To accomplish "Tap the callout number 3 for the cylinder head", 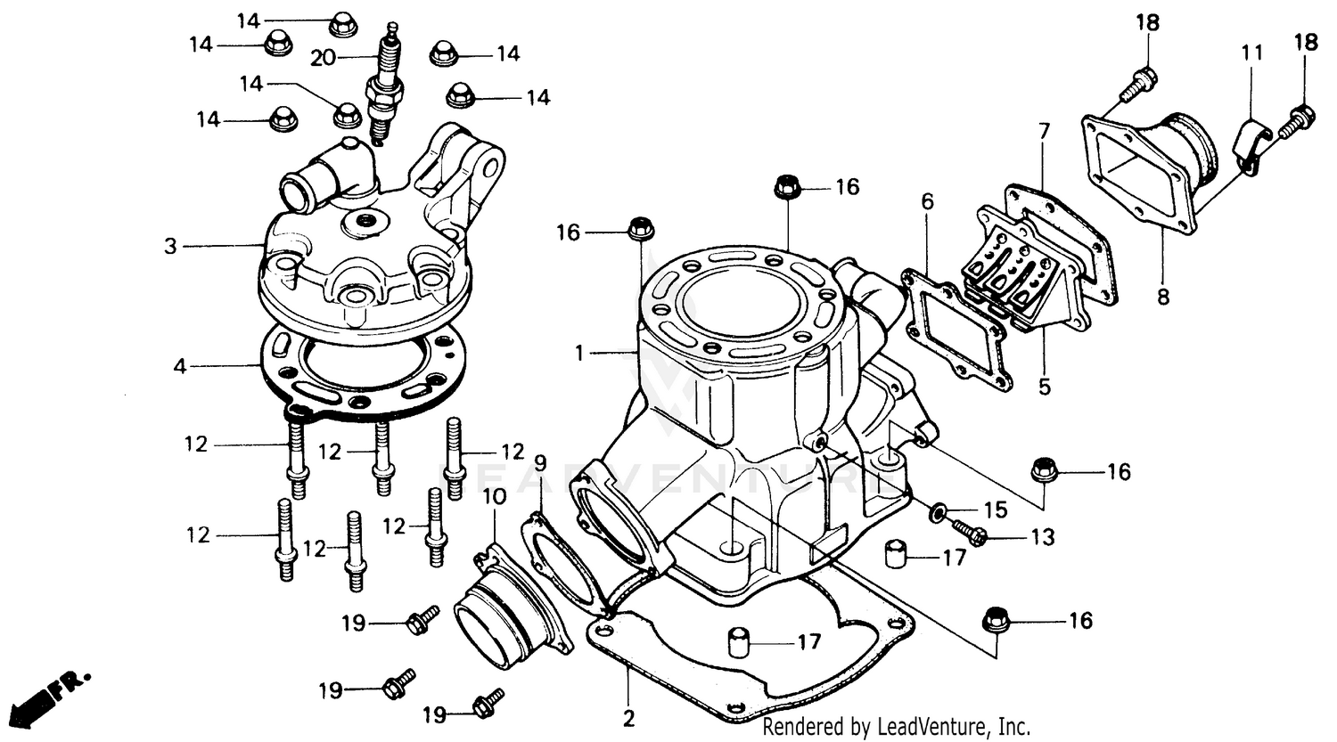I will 170,246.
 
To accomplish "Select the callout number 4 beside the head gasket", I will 180,365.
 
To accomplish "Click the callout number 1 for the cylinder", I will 579,354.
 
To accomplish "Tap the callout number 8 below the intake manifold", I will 1163,297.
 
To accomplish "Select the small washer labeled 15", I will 938,512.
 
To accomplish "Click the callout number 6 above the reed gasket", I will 928,202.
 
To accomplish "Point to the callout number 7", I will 1044,132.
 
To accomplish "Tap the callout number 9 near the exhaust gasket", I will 540,463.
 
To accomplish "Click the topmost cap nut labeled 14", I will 342,23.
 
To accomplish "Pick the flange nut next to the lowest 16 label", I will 995,619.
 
